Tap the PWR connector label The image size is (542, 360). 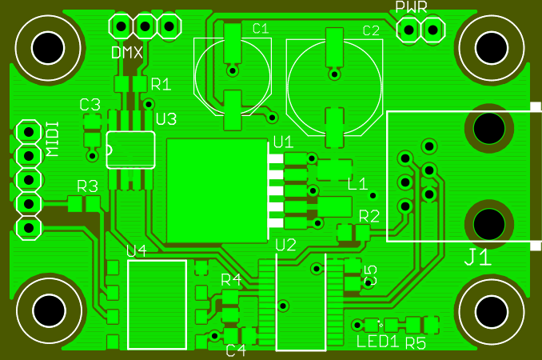[412, 8]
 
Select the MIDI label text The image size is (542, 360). [52, 138]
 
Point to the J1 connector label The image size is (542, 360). [478, 258]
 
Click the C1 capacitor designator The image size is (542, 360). [261, 29]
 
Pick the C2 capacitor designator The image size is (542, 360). [371, 31]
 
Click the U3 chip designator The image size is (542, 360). [166, 119]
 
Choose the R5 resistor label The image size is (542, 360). [416, 343]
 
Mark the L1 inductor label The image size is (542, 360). [357, 183]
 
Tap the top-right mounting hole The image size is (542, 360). [491, 46]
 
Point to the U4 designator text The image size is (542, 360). [137, 251]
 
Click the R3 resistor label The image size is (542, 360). [87, 186]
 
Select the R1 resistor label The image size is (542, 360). [161, 84]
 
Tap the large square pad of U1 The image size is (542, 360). [216, 190]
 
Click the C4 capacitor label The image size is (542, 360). [236, 350]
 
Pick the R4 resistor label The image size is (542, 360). [231, 279]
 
